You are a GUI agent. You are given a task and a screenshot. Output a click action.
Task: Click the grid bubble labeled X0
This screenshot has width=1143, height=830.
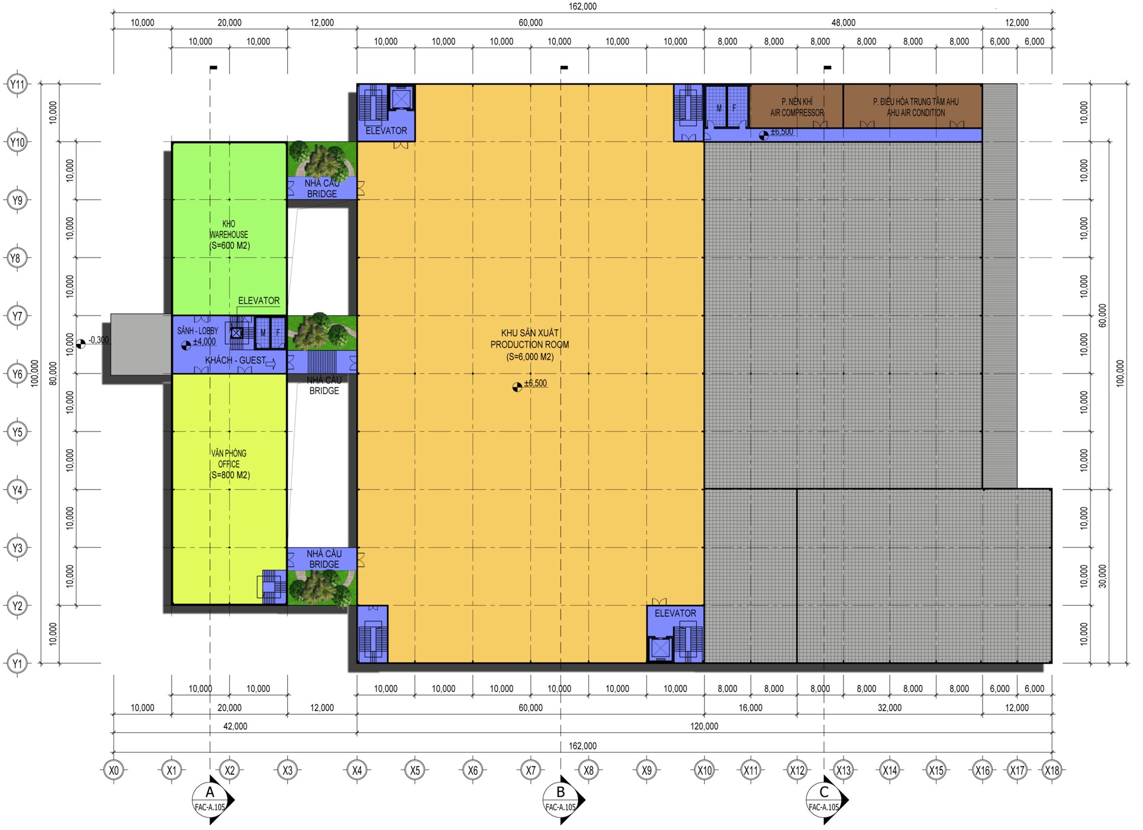(114, 770)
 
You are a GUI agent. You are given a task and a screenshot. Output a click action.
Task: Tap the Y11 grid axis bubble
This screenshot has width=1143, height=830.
(18, 84)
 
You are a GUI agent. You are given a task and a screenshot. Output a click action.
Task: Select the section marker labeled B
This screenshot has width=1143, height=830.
(562, 800)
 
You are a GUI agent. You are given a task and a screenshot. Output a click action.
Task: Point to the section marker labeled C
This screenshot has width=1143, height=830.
(826, 800)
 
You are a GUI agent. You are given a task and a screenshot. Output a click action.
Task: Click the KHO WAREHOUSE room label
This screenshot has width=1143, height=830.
(229, 234)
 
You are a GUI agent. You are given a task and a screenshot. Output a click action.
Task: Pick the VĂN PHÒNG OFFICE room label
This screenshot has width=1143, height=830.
(229, 464)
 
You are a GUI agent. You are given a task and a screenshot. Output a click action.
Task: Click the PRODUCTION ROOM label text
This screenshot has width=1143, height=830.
(530, 345)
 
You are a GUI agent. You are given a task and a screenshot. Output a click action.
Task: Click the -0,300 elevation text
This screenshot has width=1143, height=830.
(98, 340)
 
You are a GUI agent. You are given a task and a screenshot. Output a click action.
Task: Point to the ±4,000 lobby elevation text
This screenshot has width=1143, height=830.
(204, 342)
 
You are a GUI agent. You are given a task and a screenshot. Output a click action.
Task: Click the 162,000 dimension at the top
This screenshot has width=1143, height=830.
(582, 7)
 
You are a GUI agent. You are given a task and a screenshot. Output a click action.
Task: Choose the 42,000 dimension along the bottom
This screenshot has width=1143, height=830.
(235, 726)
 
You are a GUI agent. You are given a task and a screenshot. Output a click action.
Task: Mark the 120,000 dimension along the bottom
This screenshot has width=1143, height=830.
(704, 726)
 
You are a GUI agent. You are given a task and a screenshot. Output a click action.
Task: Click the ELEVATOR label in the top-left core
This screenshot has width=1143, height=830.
(386, 131)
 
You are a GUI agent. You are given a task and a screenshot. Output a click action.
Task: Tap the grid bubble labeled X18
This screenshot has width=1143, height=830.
(1052, 770)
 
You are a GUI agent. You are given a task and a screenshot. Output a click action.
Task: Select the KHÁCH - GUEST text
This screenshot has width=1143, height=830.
(236, 360)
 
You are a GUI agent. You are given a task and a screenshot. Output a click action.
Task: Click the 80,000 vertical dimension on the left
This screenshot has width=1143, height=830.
(53, 373)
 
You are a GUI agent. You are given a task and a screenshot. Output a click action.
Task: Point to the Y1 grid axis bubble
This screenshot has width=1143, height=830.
(18, 663)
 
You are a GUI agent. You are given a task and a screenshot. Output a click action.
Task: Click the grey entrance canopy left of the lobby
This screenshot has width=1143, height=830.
(141, 344)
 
